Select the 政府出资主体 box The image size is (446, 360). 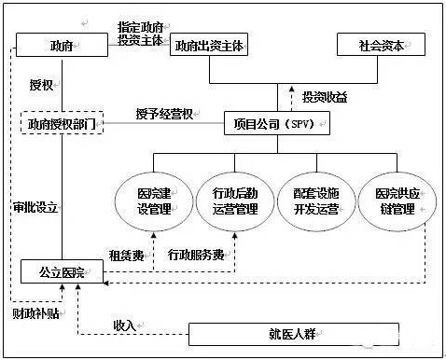[x=210, y=46]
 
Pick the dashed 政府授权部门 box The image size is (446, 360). [x=63, y=122]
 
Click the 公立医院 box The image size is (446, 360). [x=62, y=272]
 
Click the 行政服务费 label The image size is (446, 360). [x=196, y=253]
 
